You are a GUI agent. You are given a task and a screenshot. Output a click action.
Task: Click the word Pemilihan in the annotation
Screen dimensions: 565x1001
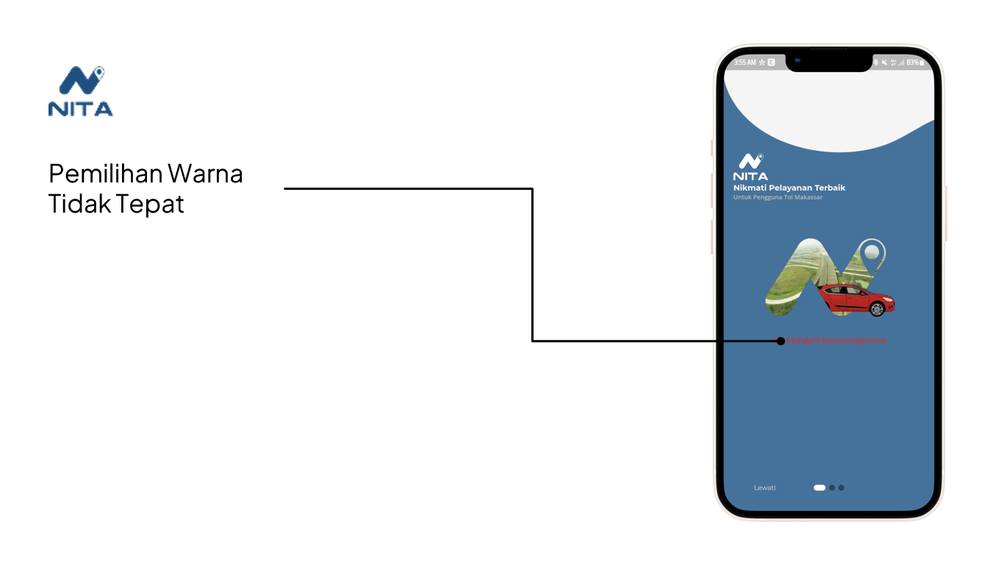(x=104, y=174)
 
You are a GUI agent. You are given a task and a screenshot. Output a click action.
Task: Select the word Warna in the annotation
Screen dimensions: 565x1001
(x=205, y=174)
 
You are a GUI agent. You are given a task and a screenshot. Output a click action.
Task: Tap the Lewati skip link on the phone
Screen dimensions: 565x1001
(x=764, y=488)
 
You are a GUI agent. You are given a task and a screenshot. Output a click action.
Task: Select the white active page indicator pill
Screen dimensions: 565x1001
(x=819, y=488)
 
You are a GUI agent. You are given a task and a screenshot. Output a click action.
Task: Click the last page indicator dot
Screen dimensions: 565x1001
(x=842, y=488)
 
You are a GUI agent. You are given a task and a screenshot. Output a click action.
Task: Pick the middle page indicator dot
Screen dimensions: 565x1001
(x=832, y=488)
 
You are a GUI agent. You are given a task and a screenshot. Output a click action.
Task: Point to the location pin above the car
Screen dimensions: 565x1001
(x=872, y=253)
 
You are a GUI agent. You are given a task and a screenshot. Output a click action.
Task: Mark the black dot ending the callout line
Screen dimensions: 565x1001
(x=781, y=341)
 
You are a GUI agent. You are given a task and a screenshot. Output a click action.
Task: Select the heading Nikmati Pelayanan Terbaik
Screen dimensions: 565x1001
(x=789, y=188)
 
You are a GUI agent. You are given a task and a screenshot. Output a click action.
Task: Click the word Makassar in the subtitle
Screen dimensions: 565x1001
(x=809, y=197)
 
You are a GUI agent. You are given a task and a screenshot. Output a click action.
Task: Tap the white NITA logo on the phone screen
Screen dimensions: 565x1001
(x=750, y=167)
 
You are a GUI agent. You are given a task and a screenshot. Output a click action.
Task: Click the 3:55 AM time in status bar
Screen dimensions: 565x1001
(x=745, y=63)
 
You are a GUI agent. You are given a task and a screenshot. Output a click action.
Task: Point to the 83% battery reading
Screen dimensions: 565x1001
(x=913, y=63)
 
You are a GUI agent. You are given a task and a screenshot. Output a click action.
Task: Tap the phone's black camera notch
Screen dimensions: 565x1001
(x=829, y=62)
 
